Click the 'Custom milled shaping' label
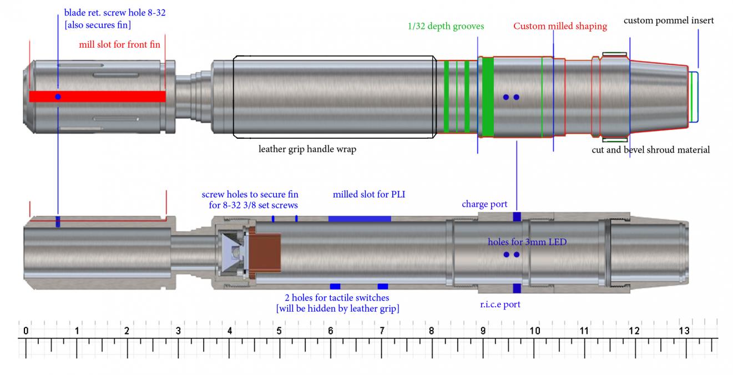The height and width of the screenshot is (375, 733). coord(560,26)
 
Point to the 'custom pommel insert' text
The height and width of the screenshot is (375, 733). coord(669,21)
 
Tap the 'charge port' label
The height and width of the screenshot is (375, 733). coord(484,204)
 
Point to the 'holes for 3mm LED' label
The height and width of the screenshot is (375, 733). coord(527,242)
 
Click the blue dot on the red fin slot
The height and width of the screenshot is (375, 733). coord(58,97)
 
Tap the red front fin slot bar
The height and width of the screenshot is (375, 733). coord(111,97)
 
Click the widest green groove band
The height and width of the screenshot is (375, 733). coord(488,97)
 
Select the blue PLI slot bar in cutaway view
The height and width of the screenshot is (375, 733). coord(360,219)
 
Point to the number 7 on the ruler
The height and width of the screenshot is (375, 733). coord(382,331)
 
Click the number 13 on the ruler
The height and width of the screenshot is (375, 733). coord(684,331)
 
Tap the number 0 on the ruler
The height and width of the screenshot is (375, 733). coord(26,331)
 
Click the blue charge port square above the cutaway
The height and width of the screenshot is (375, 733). coord(517,216)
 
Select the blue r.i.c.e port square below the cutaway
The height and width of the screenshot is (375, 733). coord(517,288)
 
